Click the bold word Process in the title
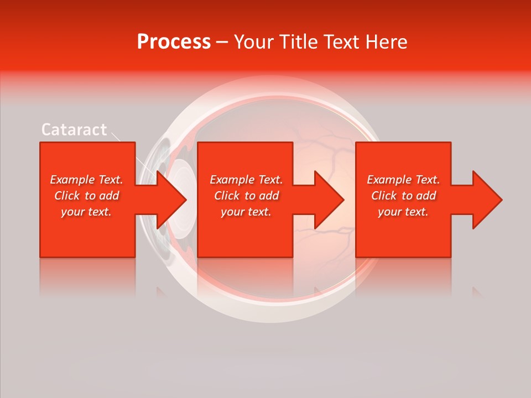pyautogui.click(x=174, y=42)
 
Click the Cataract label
pyautogui.click(x=74, y=130)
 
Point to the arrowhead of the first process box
pyautogui.click(x=173, y=200)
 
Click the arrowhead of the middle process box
pyautogui.click(x=330, y=200)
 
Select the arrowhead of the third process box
pyautogui.click(x=487, y=200)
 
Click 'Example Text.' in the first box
pyautogui.click(x=87, y=180)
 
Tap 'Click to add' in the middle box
pyautogui.click(x=246, y=196)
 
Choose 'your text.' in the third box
pyautogui.click(x=403, y=212)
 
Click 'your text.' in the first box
pyautogui.click(x=87, y=212)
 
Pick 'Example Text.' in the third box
pyautogui.click(x=403, y=180)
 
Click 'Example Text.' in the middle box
pyautogui.click(x=246, y=180)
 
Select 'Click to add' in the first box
pyautogui.click(x=87, y=196)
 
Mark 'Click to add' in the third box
pyautogui.click(x=403, y=196)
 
